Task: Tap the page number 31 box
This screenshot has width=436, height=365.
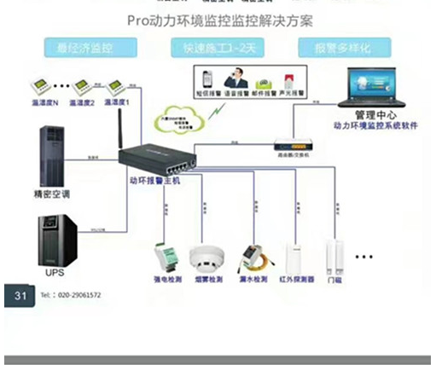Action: click(18, 295)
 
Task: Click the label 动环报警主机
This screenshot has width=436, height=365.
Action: click(154, 180)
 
